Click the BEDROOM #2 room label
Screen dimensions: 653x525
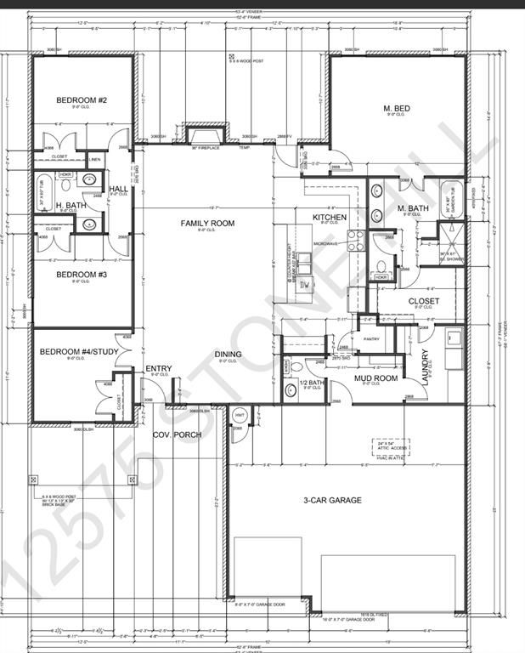click(82, 100)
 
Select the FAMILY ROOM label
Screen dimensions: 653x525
click(206, 223)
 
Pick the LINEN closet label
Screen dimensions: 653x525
click(93, 159)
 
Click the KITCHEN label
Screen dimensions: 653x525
click(330, 218)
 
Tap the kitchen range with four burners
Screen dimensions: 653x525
click(356, 241)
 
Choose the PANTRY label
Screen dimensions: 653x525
click(370, 338)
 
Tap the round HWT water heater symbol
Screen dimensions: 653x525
click(240, 415)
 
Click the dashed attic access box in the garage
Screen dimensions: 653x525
click(390, 446)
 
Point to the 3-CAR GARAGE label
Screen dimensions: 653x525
click(332, 500)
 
